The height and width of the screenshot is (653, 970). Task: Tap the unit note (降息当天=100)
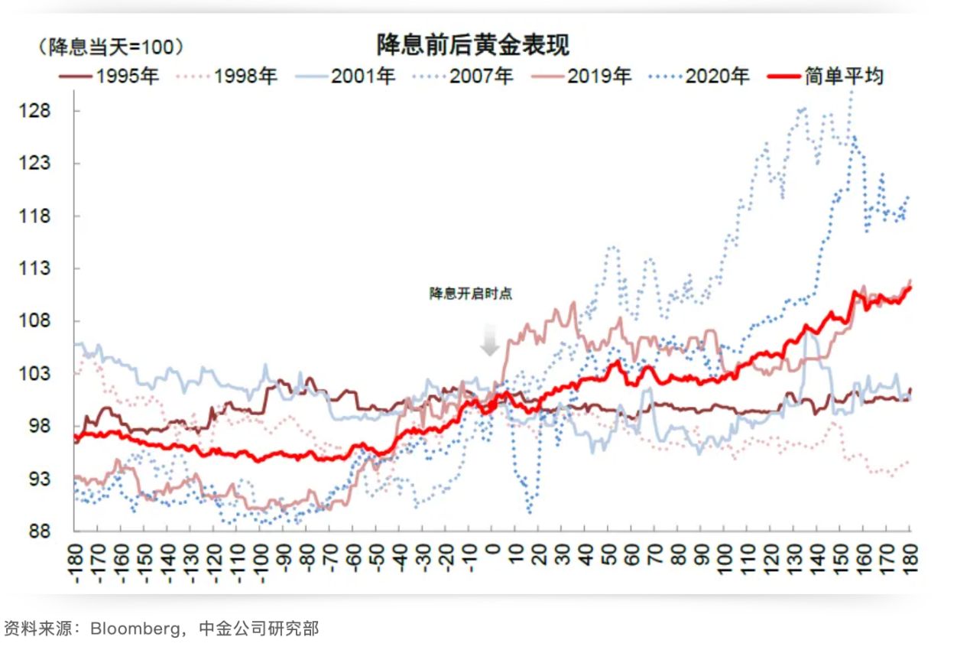(x=111, y=47)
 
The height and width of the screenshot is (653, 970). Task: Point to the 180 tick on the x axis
(x=910, y=560)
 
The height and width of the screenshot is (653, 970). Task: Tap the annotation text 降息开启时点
(x=470, y=294)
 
